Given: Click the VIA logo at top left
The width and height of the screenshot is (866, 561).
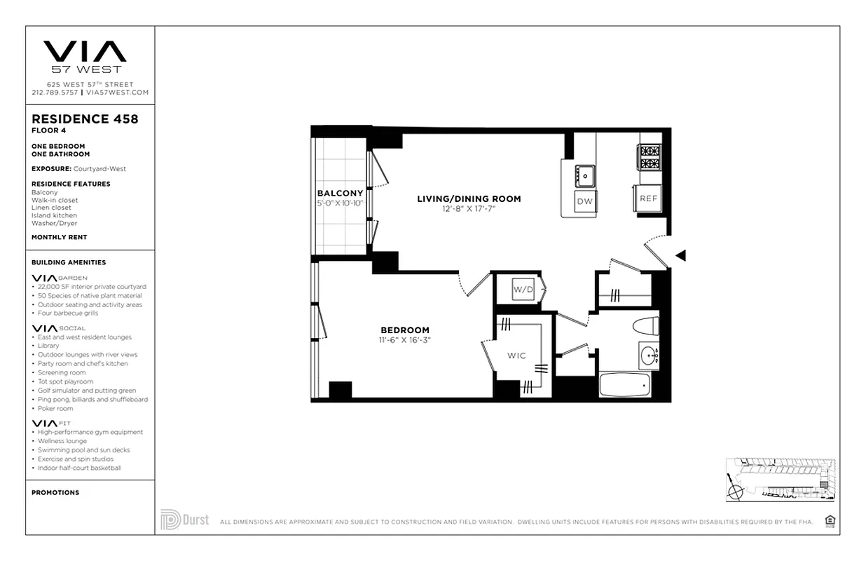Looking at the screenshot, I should [x=85, y=52].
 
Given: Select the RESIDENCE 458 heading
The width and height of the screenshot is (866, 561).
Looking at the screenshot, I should [x=85, y=119].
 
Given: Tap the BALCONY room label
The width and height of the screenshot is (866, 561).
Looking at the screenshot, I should [x=340, y=194].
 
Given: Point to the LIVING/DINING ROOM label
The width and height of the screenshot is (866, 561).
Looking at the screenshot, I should [x=469, y=199].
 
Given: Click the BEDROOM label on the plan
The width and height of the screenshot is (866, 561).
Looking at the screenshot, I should [x=405, y=330].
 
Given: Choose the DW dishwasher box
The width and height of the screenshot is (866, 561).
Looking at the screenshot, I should [x=584, y=202].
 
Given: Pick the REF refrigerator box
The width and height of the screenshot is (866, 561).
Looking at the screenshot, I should [x=648, y=198].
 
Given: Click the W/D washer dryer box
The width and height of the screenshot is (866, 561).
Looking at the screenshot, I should [x=523, y=289].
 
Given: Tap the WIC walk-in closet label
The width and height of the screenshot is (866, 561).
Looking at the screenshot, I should [x=517, y=356].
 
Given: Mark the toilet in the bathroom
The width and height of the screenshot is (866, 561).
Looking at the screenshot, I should [x=645, y=326].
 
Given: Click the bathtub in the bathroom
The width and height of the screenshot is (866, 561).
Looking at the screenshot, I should [x=626, y=385].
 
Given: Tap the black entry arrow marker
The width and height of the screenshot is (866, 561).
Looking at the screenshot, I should [x=680, y=256].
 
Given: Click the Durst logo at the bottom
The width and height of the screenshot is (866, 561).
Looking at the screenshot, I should [x=184, y=520].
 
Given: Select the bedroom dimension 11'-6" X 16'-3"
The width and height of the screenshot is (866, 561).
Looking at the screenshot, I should [x=405, y=340].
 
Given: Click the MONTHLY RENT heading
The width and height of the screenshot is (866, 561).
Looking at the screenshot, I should [x=59, y=237].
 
